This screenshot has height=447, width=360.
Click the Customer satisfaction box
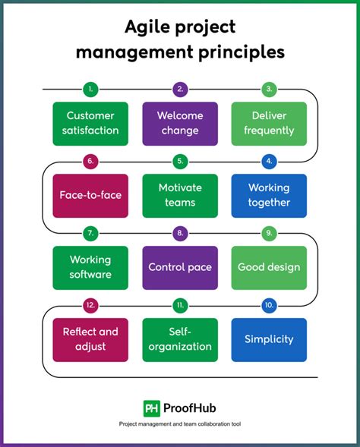(x=90, y=124)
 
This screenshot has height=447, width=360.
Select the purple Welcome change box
(x=180, y=124)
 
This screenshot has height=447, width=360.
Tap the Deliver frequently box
(x=269, y=124)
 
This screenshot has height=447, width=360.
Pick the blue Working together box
(x=269, y=196)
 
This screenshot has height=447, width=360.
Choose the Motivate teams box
(x=180, y=196)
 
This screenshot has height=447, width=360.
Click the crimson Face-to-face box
(x=90, y=196)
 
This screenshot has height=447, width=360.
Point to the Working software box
(x=90, y=267)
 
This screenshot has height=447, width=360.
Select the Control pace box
(x=180, y=267)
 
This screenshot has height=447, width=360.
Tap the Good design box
(x=269, y=267)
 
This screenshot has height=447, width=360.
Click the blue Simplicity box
(x=269, y=339)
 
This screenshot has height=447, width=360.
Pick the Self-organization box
(x=180, y=339)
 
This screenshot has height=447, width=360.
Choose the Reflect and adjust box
(x=90, y=339)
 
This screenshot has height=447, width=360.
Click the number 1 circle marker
(x=90, y=90)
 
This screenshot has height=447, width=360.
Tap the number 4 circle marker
(x=269, y=161)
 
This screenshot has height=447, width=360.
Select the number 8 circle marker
(x=180, y=233)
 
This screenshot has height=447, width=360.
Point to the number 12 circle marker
(x=90, y=305)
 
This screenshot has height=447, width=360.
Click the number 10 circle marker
(x=269, y=305)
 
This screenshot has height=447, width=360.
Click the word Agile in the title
(x=150, y=28)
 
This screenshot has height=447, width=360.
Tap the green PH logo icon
(x=151, y=408)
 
